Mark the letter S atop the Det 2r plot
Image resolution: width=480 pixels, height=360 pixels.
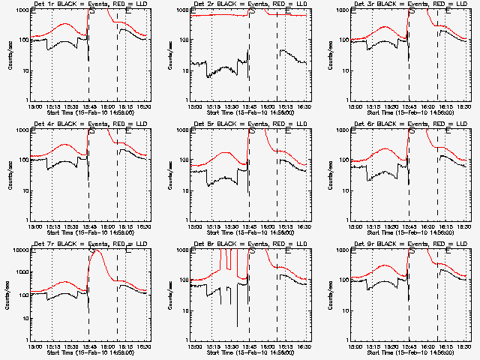coord(252,12)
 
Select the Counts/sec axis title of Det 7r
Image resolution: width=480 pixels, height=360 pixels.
coord(10,294)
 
